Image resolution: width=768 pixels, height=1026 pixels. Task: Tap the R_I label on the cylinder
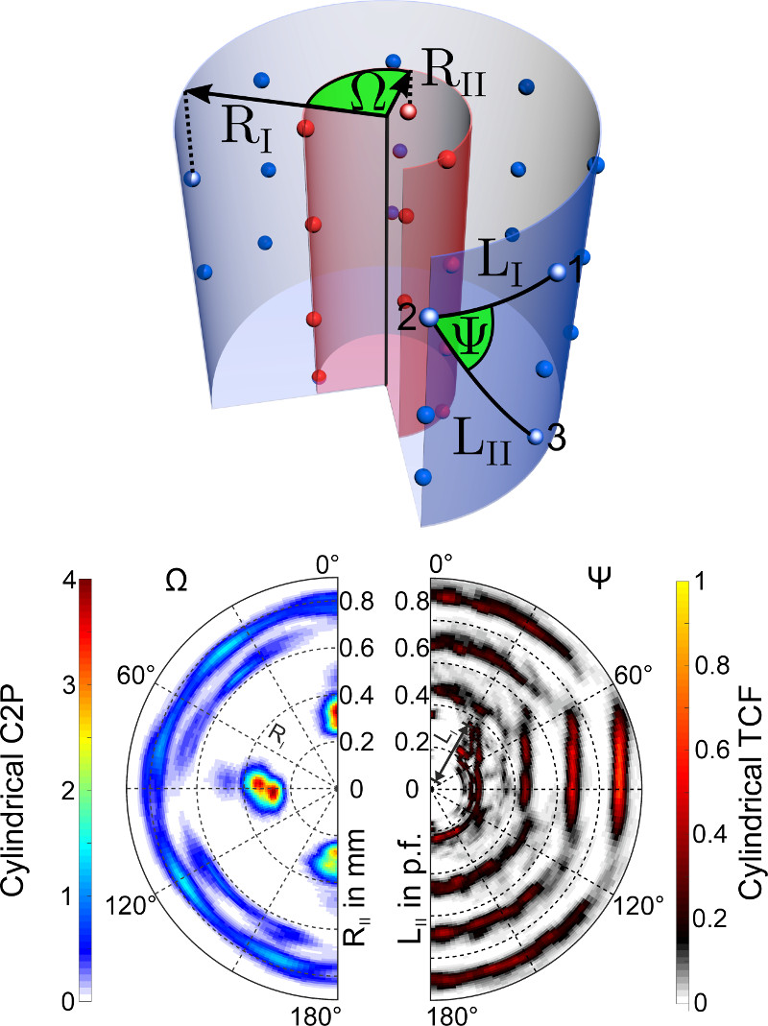click(x=247, y=128)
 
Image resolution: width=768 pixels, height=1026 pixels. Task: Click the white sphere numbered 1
click(x=557, y=272)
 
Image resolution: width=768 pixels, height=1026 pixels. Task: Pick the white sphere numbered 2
click(x=429, y=318)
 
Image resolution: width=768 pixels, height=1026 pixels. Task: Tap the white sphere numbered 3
click(x=537, y=436)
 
